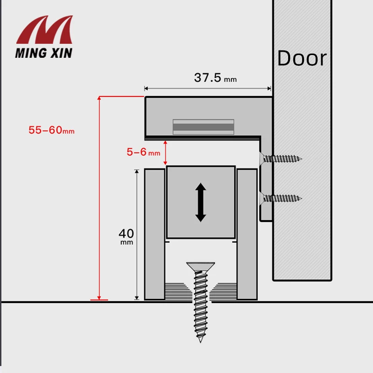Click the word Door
[302, 58]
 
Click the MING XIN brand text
[44, 53]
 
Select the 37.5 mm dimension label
[215, 78]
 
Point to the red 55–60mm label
[51, 131]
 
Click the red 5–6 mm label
[143, 152]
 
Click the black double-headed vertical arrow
[200, 202]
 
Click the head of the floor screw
[200, 266]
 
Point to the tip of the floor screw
[201, 340]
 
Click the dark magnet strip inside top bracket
[203, 126]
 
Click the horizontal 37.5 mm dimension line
[207, 88]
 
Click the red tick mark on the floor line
[99, 300]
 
